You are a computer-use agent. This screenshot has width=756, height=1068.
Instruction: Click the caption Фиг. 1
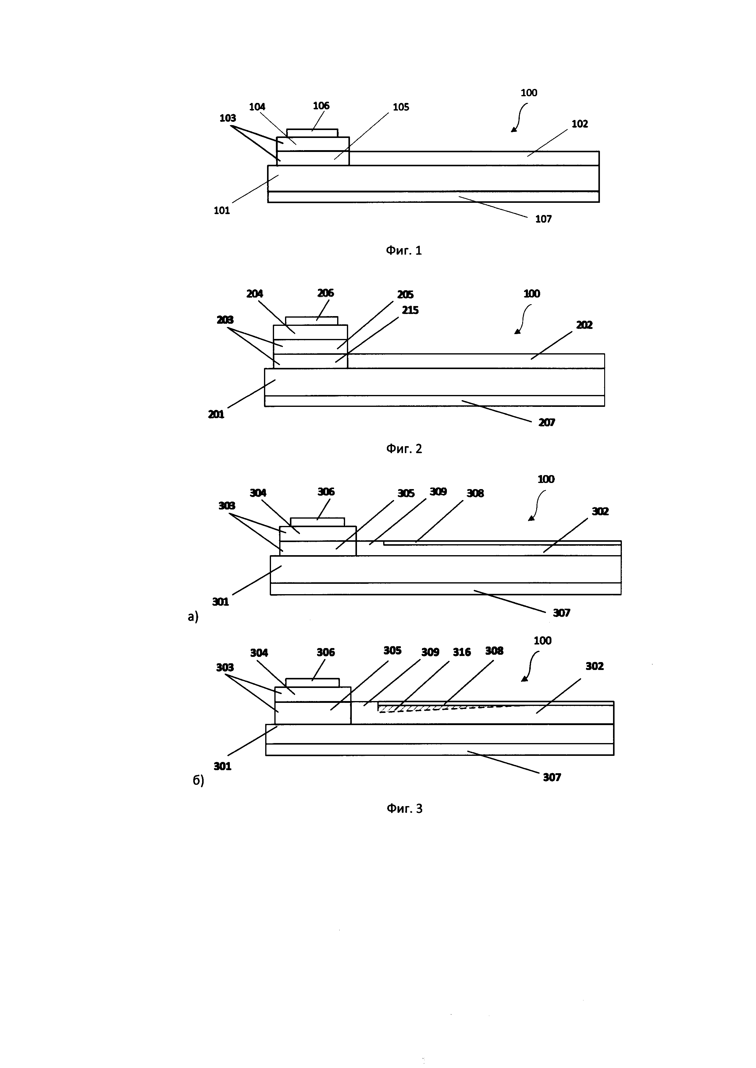point(404,251)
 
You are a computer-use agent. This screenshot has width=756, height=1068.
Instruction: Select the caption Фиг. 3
point(405,809)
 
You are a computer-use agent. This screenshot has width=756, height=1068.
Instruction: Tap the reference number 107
point(543,219)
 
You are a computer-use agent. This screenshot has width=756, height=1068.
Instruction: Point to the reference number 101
point(222,211)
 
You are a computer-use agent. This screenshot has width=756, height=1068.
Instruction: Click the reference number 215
point(410,310)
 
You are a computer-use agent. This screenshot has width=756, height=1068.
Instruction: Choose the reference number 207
point(547,423)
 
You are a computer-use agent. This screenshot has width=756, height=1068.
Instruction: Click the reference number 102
point(579,124)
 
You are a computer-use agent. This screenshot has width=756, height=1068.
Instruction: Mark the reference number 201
point(216,414)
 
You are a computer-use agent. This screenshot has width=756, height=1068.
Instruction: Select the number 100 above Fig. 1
point(529,93)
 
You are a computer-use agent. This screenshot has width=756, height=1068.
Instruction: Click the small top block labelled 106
point(312,133)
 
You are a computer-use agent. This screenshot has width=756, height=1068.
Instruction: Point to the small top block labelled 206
point(312,321)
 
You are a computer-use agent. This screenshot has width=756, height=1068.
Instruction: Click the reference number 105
point(401,108)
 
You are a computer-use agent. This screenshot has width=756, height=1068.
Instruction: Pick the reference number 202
point(584,325)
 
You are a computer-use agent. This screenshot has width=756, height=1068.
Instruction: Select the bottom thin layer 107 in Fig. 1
point(433,197)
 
